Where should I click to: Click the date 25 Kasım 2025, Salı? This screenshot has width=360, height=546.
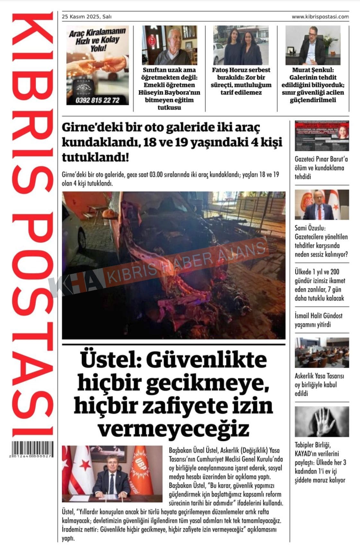(87, 17)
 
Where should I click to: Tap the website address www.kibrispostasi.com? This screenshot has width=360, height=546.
(320, 17)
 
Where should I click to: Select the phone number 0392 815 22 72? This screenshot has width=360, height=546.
(97, 100)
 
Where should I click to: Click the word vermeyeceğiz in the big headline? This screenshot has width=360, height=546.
(173, 428)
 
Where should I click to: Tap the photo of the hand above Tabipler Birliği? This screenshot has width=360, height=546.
(322, 422)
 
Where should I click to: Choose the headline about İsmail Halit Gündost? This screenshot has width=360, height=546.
(318, 320)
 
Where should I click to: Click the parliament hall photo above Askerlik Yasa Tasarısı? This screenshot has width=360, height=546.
(322, 352)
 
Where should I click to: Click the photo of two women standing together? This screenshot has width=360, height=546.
(241, 46)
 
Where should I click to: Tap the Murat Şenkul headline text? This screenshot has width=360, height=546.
(313, 85)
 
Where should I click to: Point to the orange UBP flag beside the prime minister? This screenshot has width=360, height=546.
(141, 471)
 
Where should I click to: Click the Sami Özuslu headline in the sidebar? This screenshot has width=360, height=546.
(321, 241)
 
